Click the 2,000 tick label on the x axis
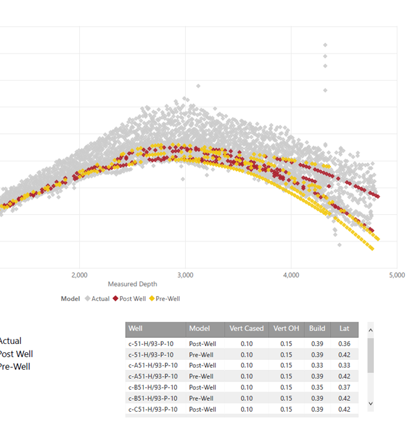(x=80, y=275)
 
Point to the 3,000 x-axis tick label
(x=186, y=275)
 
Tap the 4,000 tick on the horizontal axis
(x=291, y=275)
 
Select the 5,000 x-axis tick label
(x=396, y=275)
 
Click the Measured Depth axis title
(x=132, y=284)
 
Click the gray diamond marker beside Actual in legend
(x=88, y=299)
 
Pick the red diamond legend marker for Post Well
(x=115, y=299)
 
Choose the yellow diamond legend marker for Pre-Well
(x=153, y=299)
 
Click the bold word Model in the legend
(x=70, y=299)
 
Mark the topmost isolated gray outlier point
(x=325, y=45)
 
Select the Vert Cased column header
(x=246, y=329)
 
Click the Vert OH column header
(x=286, y=329)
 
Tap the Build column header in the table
(x=317, y=329)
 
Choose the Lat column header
(x=344, y=329)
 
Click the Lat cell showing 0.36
(x=344, y=343)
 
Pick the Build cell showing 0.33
(x=317, y=365)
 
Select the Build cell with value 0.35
(x=317, y=387)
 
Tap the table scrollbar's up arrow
(x=371, y=329)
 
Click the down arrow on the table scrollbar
(x=371, y=403)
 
